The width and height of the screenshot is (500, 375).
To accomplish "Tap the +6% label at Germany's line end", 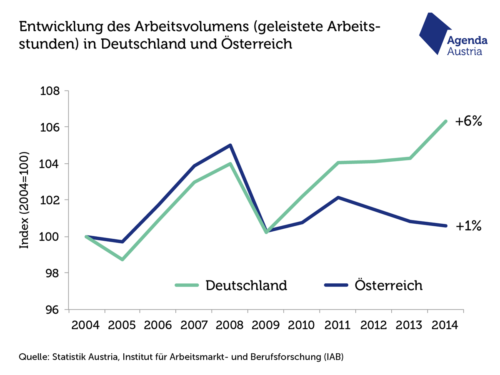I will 468,121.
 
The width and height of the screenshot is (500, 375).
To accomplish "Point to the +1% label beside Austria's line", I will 468,226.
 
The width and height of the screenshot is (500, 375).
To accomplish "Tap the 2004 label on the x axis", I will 85,325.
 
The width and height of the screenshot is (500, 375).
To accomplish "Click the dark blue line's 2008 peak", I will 230,145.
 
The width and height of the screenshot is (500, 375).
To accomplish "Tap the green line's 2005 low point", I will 122,259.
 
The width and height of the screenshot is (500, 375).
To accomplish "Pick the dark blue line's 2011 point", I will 338,197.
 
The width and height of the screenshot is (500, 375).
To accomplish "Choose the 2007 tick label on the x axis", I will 195,325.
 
